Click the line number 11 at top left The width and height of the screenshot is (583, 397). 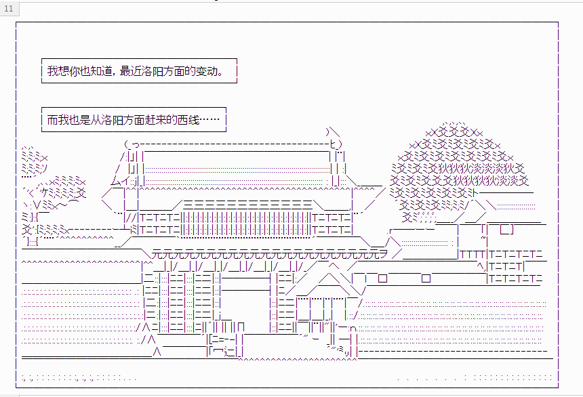coord(9,9)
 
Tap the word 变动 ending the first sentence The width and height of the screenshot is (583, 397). coord(206,70)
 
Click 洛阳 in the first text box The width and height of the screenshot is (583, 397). coord(153,70)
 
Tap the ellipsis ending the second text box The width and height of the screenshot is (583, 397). coord(209,120)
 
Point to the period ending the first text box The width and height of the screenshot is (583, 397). coord(221,74)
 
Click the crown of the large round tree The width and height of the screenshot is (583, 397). coord(460,171)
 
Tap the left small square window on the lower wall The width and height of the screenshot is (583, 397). coord(382,278)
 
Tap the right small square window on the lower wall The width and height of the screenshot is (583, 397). coord(426,278)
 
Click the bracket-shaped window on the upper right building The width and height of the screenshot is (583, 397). coord(507,230)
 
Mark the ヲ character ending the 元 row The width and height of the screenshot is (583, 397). coord(383,254)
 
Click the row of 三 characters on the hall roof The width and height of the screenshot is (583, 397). coord(248,204)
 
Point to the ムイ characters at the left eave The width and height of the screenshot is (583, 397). coord(121,182)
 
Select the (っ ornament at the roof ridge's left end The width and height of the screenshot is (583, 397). coord(132,144)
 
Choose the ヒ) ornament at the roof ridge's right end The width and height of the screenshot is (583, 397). coord(336,144)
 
